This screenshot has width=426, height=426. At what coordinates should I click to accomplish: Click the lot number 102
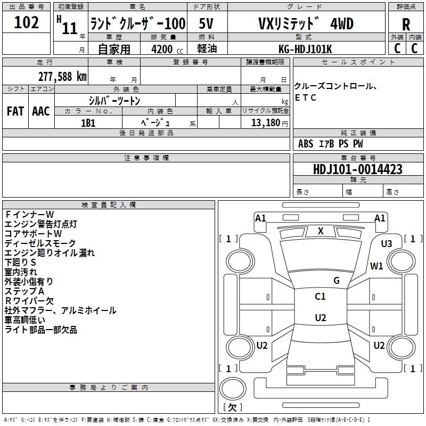tap(26, 22)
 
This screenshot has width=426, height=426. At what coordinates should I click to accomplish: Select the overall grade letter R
tap(406, 24)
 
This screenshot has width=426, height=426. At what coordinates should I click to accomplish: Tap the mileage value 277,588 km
tap(62, 77)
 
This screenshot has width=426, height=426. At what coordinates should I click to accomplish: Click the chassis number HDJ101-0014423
tap(358, 169)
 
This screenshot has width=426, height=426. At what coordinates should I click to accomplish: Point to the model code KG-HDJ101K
tap(305, 49)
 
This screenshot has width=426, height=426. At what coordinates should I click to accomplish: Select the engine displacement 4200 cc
tap(167, 49)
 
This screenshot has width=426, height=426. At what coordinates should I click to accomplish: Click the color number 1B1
tap(88, 123)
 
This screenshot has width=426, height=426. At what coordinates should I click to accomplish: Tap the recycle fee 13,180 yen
tap(269, 123)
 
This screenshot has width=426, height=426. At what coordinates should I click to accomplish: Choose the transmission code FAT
tap(15, 111)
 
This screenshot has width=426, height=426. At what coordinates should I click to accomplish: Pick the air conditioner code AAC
tap(41, 111)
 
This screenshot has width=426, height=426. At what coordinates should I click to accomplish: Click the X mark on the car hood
tap(321, 231)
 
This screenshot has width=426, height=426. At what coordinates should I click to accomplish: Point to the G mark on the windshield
tap(337, 280)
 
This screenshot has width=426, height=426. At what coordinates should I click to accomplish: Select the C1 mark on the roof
tap(320, 296)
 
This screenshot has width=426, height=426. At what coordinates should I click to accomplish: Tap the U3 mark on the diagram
tap(387, 244)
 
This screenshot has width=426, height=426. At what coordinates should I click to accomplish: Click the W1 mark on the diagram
tap(376, 266)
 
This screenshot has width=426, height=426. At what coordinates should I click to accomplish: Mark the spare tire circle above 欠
tap(233, 389)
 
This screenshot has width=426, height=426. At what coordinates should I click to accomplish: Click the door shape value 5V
tap(206, 23)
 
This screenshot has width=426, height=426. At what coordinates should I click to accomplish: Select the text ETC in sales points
tap(305, 97)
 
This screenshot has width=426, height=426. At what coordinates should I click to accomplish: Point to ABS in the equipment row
tap(306, 144)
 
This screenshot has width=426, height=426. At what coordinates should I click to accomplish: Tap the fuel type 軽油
tap(207, 48)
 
